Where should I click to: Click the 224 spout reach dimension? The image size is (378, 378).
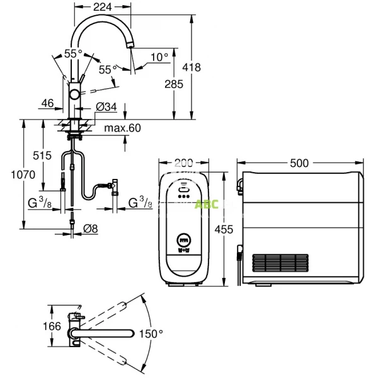[103, 7]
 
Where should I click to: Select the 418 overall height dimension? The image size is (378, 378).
[192, 67]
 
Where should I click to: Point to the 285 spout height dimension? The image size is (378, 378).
[174, 84]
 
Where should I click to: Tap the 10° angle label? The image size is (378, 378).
[159, 57]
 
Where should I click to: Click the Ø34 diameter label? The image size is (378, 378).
[106, 107]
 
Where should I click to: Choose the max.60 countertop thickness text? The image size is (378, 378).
[122, 128]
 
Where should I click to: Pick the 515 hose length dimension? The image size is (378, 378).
[42, 156]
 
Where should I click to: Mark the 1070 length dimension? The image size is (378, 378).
[23, 175]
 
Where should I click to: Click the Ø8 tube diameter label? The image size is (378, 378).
[91, 229]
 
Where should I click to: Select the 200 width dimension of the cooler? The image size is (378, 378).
[184, 163]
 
